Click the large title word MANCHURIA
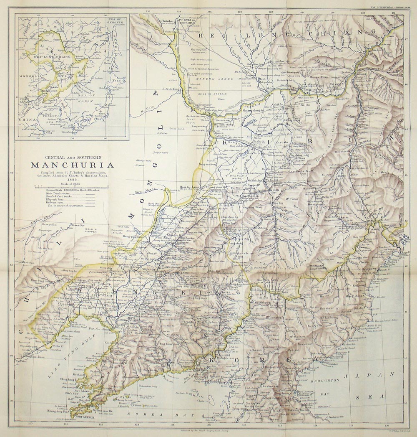coord(72,165)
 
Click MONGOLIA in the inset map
coord(29,76)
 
